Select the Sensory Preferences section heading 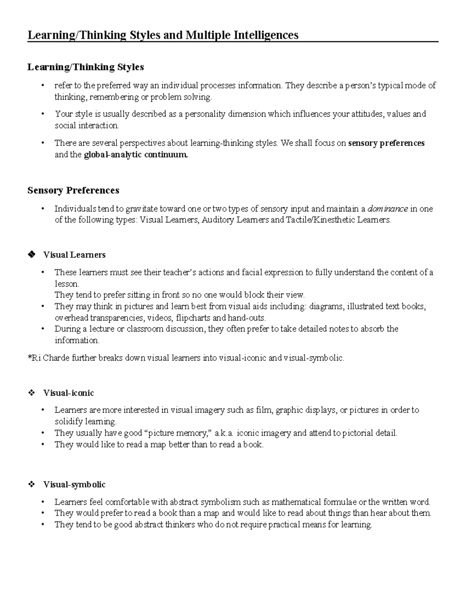(73, 190)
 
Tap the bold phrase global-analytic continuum (136, 155)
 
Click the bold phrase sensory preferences (386, 143)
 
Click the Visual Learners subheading (74, 255)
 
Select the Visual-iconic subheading (68, 393)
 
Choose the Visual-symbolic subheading (74, 485)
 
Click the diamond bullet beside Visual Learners (31, 255)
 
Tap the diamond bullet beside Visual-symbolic (31, 485)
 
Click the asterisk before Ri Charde (29, 357)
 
